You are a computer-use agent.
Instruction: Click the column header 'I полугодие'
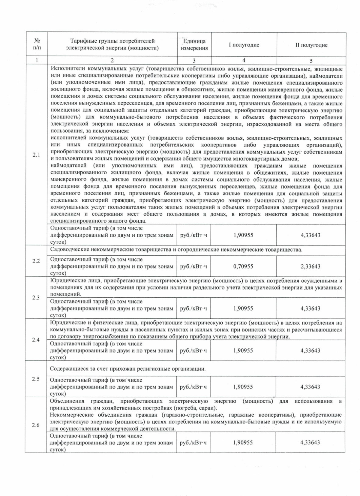(x=244, y=45)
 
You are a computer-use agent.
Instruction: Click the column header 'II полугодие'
(x=311, y=45)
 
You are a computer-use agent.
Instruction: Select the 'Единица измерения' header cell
(x=194, y=45)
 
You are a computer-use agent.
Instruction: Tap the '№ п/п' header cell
(x=37, y=44)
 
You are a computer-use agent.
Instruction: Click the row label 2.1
(x=36, y=155)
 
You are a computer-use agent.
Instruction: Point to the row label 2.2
(x=36, y=261)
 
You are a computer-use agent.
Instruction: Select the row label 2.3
(x=36, y=298)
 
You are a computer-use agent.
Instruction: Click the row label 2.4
(x=36, y=340)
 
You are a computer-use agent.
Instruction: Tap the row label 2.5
(x=36, y=379)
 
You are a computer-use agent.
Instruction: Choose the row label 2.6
(x=36, y=425)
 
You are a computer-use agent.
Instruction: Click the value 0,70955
(x=243, y=266)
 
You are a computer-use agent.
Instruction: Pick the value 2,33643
(x=310, y=266)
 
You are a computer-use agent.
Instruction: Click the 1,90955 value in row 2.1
(x=243, y=235)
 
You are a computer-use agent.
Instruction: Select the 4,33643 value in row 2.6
(x=310, y=443)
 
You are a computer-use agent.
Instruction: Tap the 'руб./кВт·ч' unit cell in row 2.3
(x=193, y=308)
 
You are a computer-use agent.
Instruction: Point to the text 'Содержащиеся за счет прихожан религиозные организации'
(x=128, y=369)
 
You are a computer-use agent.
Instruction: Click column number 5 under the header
(x=311, y=61)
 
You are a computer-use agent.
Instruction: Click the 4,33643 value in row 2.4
(x=310, y=350)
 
